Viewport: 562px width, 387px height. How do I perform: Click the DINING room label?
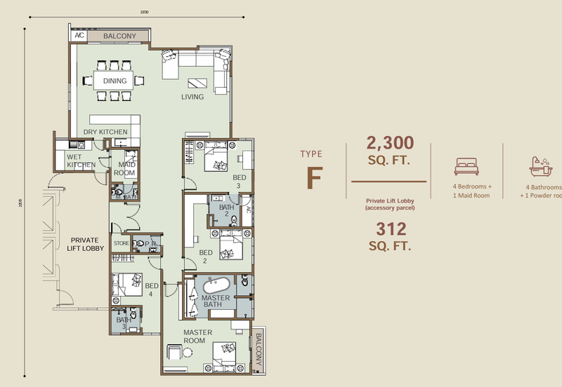click(115, 81)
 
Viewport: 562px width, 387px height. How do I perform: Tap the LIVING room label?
click(192, 97)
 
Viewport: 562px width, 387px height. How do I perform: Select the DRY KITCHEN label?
click(105, 132)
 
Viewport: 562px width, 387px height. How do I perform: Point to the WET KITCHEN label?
click(81, 161)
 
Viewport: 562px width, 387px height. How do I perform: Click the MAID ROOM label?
click(124, 168)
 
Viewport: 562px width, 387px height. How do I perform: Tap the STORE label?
click(122, 244)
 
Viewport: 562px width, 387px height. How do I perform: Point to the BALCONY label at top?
click(119, 35)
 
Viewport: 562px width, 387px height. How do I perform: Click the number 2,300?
click(390, 144)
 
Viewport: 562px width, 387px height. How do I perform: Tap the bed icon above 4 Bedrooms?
click(465, 165)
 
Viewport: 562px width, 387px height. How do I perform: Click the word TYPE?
click(311, 154)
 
